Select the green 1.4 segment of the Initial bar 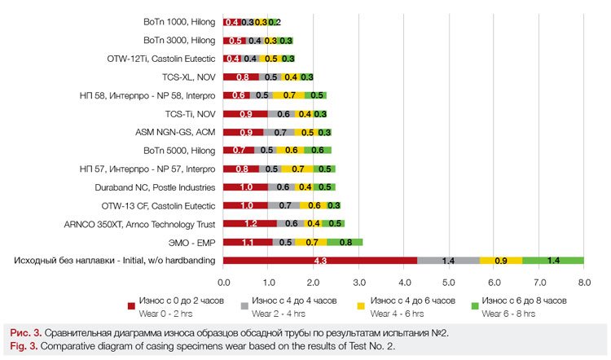click(553, 261)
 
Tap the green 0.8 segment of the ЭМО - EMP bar click(345, 242)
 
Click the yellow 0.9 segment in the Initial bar click(501, 261)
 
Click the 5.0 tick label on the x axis click(449, 283)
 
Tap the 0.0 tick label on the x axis click(223, 283)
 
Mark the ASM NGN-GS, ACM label click(175, 132)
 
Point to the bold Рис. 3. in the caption click(25, 332)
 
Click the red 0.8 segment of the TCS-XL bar click(241, 77)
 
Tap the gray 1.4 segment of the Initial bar click(448, 261)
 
